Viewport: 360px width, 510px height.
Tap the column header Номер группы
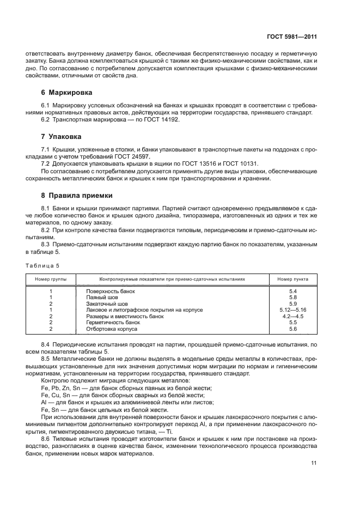(50, 279)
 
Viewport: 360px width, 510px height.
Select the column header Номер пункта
(292, 279)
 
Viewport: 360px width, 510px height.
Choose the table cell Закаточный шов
(107, 303)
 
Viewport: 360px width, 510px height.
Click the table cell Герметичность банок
(113, 323)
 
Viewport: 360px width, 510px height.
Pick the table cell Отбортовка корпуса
(112, 329)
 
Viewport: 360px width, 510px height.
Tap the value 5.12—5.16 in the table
(292, 310)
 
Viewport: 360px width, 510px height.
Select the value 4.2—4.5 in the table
(292, 316)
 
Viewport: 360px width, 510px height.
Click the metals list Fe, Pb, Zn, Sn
(58, 387)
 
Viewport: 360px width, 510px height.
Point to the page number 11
(314, 463)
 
